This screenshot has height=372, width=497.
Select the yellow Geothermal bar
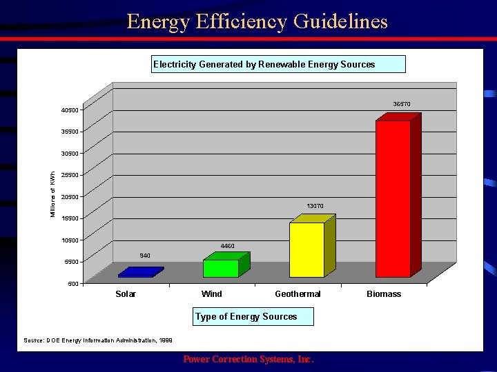(x=307, y=249)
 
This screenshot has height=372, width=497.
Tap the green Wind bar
(x=221, y=268)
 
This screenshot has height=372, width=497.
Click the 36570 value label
(x=402, y=104)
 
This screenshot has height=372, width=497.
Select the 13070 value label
(x=315, y=206)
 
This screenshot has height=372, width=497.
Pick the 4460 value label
(x=228, y=246)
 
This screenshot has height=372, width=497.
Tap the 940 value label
(x=145, y=256)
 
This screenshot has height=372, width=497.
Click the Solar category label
(x=126, y=294)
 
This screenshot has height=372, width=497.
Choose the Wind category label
(x=211, y=294)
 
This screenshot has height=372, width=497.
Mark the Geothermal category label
(x=298, y=294)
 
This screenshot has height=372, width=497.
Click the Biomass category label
(x=384, y=294)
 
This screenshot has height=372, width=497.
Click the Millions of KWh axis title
(x=52, y=195)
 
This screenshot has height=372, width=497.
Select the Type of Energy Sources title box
(x=253, y=317)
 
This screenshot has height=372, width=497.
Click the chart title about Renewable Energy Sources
(x=278, y=64)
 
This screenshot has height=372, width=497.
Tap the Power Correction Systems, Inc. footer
(x=248, y=360)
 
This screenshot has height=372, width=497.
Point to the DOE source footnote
(x=98, y=340)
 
